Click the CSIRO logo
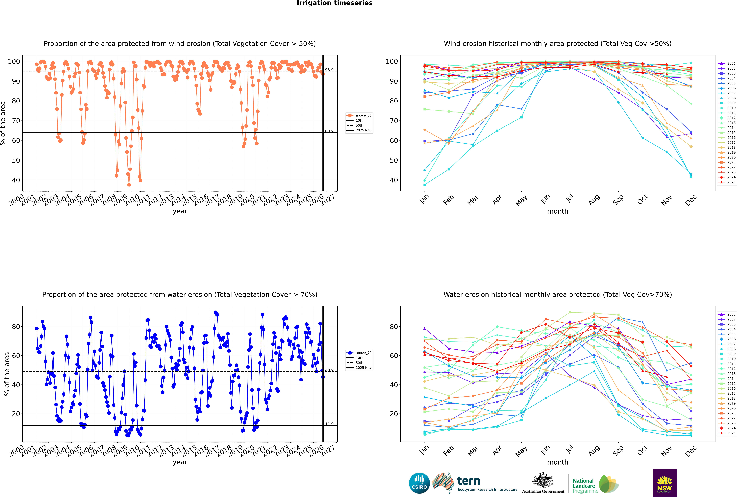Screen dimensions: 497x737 [419, 483]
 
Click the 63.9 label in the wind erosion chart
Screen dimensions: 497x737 [329, 131]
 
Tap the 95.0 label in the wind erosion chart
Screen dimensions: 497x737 [329, 70]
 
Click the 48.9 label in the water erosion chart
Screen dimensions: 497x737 [329, 370]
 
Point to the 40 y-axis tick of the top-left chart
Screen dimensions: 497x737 [16, 180]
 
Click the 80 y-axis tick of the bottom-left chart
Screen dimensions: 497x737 [16, 326]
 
